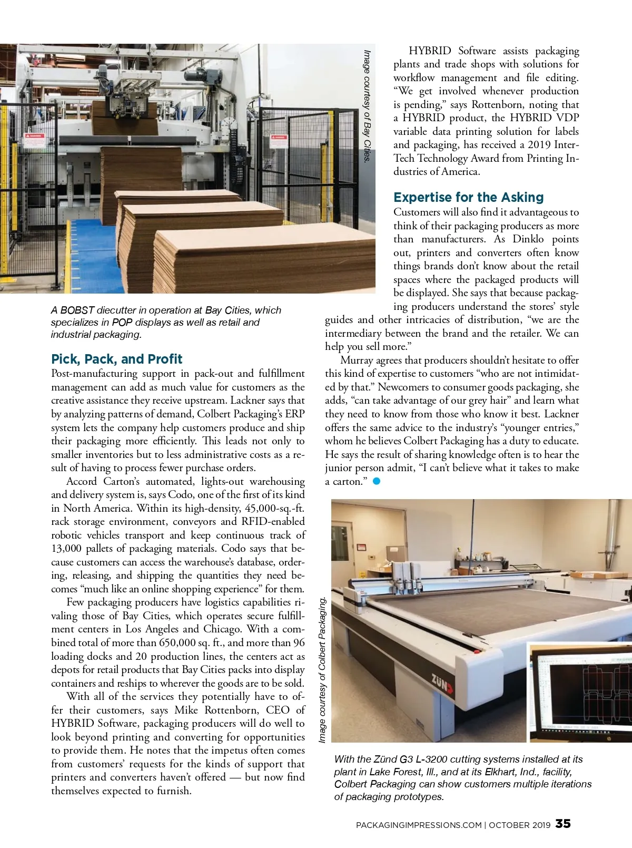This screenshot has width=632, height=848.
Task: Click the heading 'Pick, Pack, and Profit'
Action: (116, 359)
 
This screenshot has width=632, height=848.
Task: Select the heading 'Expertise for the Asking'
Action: (468, 198)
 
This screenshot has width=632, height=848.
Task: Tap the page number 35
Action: (563, 824)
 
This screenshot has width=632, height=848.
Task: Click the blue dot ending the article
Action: (376, 481)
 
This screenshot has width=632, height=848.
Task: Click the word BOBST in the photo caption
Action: (77, 310)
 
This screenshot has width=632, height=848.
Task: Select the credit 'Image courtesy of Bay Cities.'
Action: (368, 105)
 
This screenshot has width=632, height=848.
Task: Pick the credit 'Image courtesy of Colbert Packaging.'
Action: (322, 670)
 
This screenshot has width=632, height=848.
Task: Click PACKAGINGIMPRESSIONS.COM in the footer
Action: (419, 825)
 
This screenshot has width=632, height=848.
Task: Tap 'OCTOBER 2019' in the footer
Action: (520, 825)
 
